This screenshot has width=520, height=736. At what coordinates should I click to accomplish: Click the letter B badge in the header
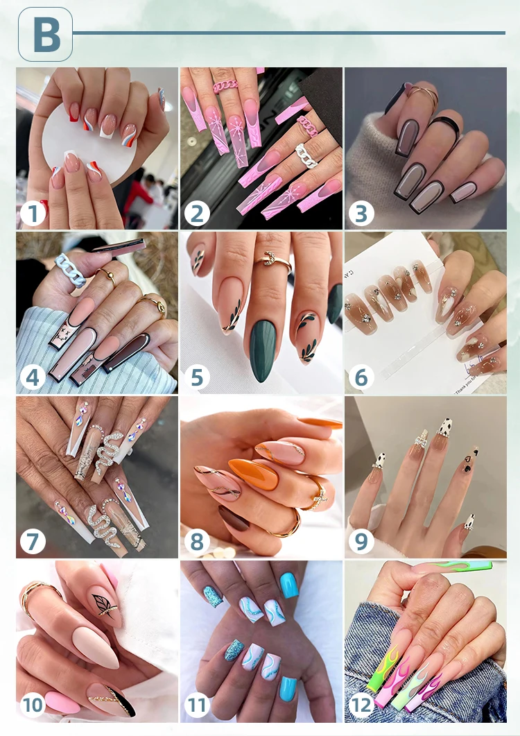(x=45, y=35)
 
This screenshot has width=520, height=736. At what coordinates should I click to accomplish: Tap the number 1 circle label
(x=32, y=213)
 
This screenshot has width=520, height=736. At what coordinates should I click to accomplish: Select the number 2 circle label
(x=197, y=213)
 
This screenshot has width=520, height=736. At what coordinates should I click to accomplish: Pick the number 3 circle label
(x=361, y=213)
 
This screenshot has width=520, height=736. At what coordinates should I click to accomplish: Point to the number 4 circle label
(x=32, y=377)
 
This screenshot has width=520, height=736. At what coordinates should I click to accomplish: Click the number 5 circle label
(x=197, y=377)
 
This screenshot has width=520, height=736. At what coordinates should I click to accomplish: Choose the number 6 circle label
(x=361, y=377)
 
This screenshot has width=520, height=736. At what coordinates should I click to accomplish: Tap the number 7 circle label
(x=32, y=541)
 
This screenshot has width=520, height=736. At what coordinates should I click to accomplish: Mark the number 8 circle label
(x=197, y=541)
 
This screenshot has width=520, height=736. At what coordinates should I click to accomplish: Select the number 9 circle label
(x=361, y=541)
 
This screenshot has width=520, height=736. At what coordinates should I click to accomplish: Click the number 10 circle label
(x=32, y=705)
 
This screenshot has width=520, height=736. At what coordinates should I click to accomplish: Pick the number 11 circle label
(x=197, y=705)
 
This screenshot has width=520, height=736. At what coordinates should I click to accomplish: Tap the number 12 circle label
(x=361, y=705)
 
